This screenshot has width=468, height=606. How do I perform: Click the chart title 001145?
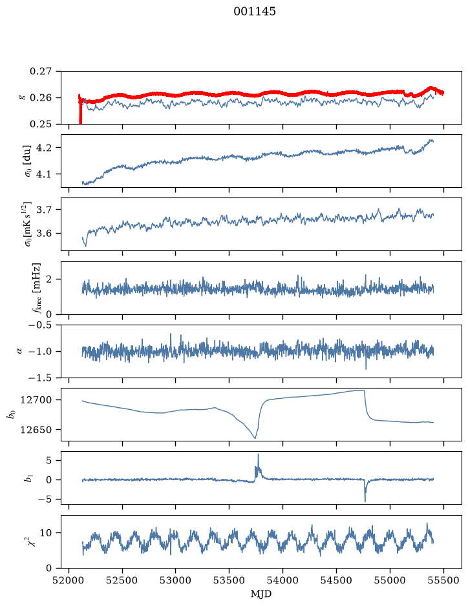pyautogui.click(x=255, y=12)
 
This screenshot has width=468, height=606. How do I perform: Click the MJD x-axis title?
pyautogui.click(x=261, y=594)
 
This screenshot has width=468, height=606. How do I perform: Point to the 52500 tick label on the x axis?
pyautogui.click(x=122, y=580)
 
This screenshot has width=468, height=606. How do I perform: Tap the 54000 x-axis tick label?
pyautogui.click(x=282, y=580)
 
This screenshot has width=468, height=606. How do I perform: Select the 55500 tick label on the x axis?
pyautogui.click(x=443, y=580)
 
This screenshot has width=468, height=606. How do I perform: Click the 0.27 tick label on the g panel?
pyautogui.click(x=41, y=72)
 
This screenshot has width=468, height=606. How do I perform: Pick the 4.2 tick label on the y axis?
pyautogui.click(x=44, y=148)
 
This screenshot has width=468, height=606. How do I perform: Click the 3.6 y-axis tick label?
pyautogui.click(x=44, y=234)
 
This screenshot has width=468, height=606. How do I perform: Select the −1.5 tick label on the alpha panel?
pyautogui.click(x=40, y=378)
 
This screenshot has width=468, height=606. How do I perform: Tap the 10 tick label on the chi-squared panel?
pyautogui.click(x=46, y=533)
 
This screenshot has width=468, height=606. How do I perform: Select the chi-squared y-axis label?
pyautogui.click(x=34, y=541)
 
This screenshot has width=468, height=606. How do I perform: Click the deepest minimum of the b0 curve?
pyautogui.click(x=255, y=438)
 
